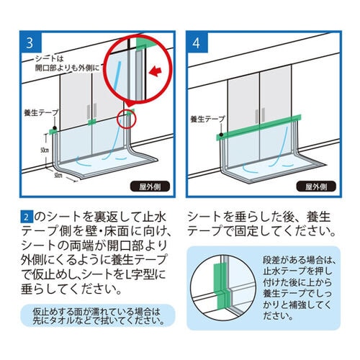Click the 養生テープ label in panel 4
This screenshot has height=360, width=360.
point(206,119)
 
